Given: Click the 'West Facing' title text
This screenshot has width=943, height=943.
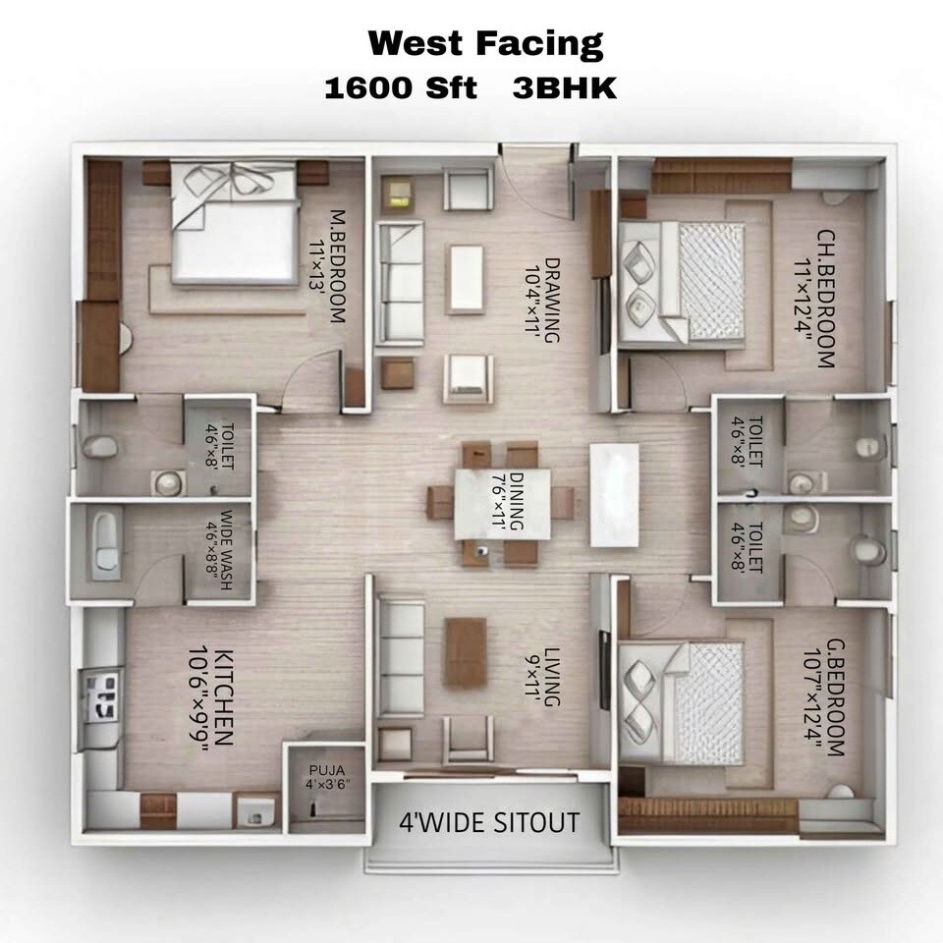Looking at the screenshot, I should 485,44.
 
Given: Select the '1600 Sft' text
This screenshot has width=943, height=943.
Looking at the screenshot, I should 400,88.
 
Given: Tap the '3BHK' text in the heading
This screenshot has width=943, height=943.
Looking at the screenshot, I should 565,88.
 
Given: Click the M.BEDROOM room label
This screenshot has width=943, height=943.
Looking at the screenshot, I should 327,265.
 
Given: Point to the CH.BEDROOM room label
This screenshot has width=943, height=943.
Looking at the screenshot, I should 816,299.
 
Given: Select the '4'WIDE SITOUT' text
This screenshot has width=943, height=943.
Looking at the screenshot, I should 488,822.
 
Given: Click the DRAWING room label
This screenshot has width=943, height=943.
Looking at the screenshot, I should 543,300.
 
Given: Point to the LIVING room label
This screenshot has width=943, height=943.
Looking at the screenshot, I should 543,678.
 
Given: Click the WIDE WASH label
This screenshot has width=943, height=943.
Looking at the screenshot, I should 218,550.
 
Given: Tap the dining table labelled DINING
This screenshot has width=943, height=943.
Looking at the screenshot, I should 501,504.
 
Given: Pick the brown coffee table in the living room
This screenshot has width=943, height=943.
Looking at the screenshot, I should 465,651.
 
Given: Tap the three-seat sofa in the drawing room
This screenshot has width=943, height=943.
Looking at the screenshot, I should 400,282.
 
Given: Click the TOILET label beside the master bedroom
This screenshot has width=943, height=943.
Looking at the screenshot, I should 219,447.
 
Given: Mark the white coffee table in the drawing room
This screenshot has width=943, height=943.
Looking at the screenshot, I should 466,279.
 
